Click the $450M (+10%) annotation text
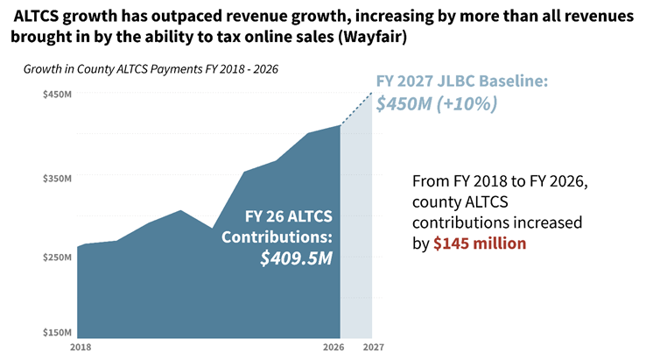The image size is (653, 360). click(x=437, y=103)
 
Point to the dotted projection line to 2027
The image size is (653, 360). click(x=356, y=109)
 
